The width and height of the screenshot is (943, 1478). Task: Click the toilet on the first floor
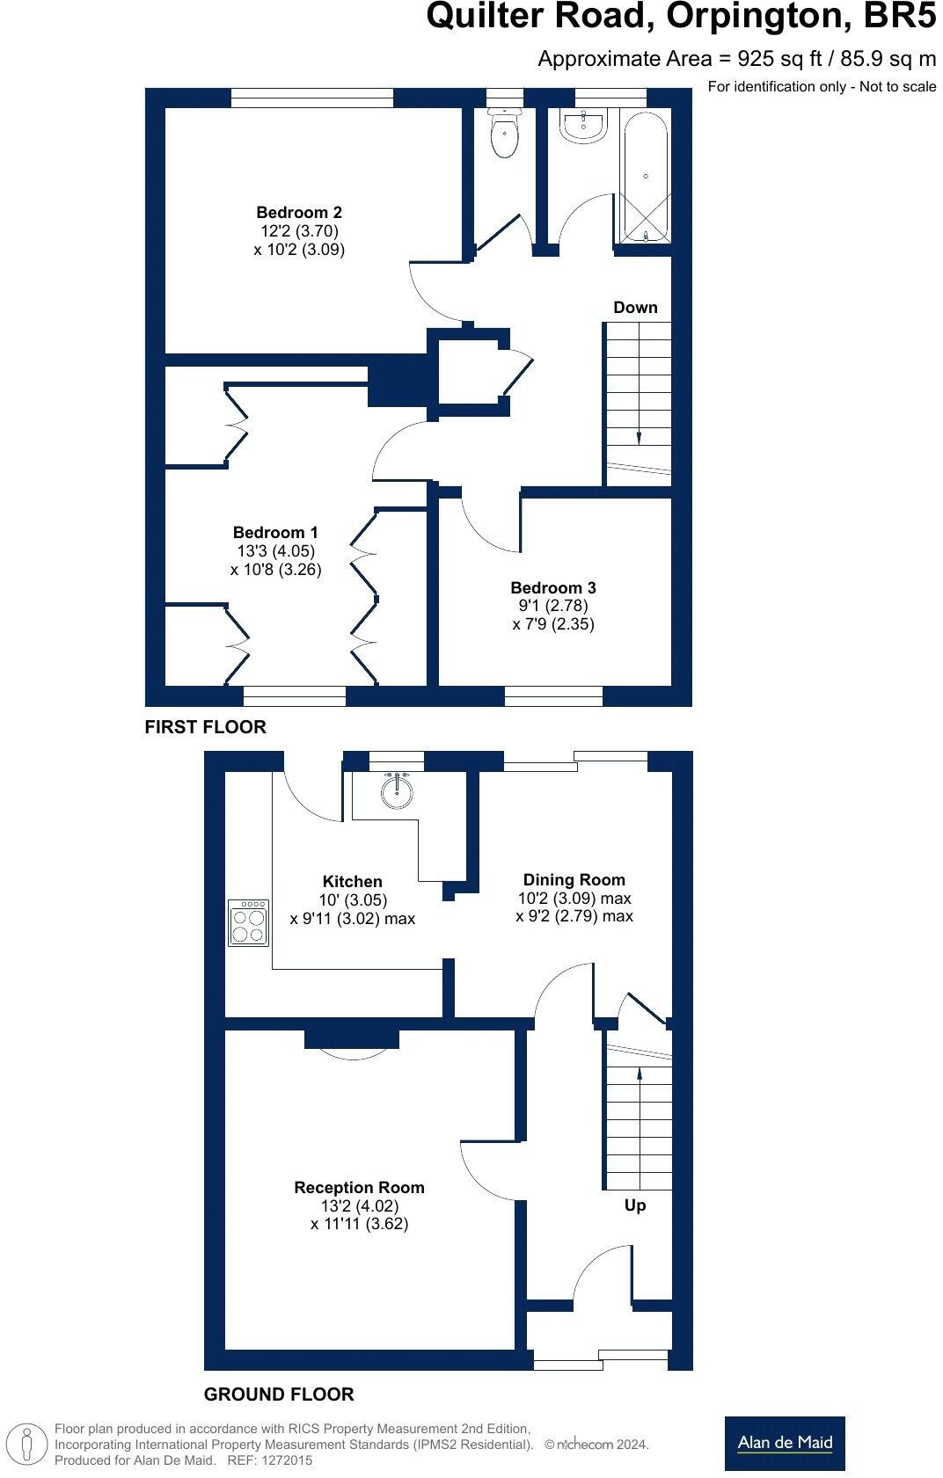pyautogui.click(x=504, y=135)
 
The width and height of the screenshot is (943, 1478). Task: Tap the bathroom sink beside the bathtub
pyautogui.click(x=583, y=127)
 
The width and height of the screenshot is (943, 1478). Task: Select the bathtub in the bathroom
pyautogui.click(x=646, y=176)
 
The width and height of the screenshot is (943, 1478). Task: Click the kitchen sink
pyautogui.click(x=397, y=790)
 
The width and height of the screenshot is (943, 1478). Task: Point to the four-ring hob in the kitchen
pyautogui.click(x=248, y=922)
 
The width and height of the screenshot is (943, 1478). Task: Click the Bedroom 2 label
pyautogui.click(x=299, y=212)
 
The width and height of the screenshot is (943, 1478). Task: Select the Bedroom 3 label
pyautogui.click(x=553, y=587)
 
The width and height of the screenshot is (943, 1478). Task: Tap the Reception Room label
pyautogui.click(x=359, y=1187)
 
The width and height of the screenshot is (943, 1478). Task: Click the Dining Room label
pyautogui.click(x=574, y=879)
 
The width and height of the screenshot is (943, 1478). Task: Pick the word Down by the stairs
pyautogui.click(x=635, y=307)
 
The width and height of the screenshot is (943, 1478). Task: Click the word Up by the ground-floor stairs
pyautogui.click(x=635, y=1205)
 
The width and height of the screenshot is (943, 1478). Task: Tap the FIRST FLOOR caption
pyautogui.click(x=205, y=727)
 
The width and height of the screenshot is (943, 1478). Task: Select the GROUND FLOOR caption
pyautogui.click(x=279, y=1394)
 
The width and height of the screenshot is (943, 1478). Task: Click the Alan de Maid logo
pyautogui.click(x=785, y=1443)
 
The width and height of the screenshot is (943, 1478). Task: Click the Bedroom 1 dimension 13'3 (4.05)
pyautogui.click(x=276, y=550)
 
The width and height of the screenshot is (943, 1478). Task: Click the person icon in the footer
pyautogui.click(x=28, y=1445)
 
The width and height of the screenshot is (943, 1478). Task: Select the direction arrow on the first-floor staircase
pyautogui.click(x=639, y=437)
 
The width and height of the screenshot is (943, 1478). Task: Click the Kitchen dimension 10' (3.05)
pyautogui.click(x=352, y=899)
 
